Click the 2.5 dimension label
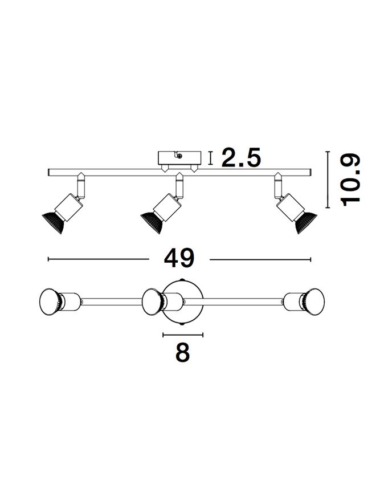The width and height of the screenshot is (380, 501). pyautogui.click(x=241, y=157)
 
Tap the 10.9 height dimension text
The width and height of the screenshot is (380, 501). pyautogui.click(x=350, y=180)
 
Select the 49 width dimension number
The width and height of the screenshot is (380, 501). pyautogui.click(x=179, y=258)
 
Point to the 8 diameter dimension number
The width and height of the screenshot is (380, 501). pyautogui.click(x=183, y=352)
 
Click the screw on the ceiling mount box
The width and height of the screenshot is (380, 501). pyautogui.click(x=180, y=156)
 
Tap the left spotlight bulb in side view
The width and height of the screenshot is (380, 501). pyautogui.click(x=53, y=222)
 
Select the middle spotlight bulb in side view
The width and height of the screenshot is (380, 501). pyautogui.click(x=152, y=223)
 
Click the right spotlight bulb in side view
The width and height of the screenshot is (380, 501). pyautogui.click(x=305, y=222)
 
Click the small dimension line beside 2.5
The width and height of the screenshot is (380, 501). pyautogui.click(x=210, y=158)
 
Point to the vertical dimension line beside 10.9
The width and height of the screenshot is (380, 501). pyautogui.click(x=328, y=180)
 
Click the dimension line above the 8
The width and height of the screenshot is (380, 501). pyautogui.click(x=183, y=335)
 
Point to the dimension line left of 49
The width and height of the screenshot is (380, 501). pyautogui.click(x=99, y=259)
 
